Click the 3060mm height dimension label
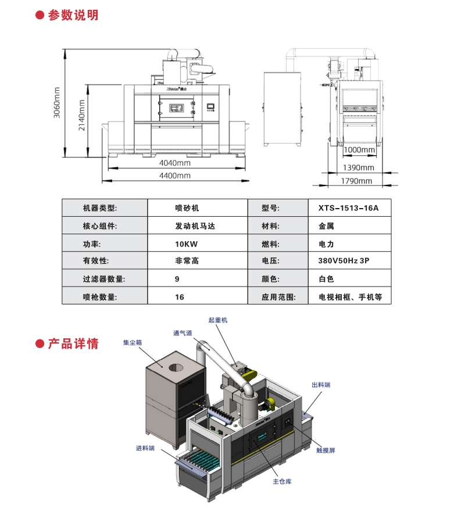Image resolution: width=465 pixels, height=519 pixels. pos(57,102)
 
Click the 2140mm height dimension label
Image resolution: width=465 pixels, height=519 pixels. pos(82,116)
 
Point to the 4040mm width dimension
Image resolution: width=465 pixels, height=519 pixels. pos(175,163)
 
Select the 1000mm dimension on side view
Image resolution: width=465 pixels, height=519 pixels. pos(359,150)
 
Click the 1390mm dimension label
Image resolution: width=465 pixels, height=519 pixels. pos(359,167)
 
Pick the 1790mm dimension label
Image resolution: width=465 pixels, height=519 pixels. pos(356,181)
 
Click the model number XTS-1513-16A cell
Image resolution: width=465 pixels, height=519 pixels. pos(348,208)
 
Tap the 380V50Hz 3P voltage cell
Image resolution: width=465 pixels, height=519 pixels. pos(344,262)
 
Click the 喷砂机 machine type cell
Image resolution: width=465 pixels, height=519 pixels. pos(187,208)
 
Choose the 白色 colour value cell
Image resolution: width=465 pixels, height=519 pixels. pos(326,280)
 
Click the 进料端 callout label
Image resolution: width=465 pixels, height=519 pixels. pos(145,448)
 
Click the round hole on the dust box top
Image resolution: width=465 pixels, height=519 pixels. pos(174,368)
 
